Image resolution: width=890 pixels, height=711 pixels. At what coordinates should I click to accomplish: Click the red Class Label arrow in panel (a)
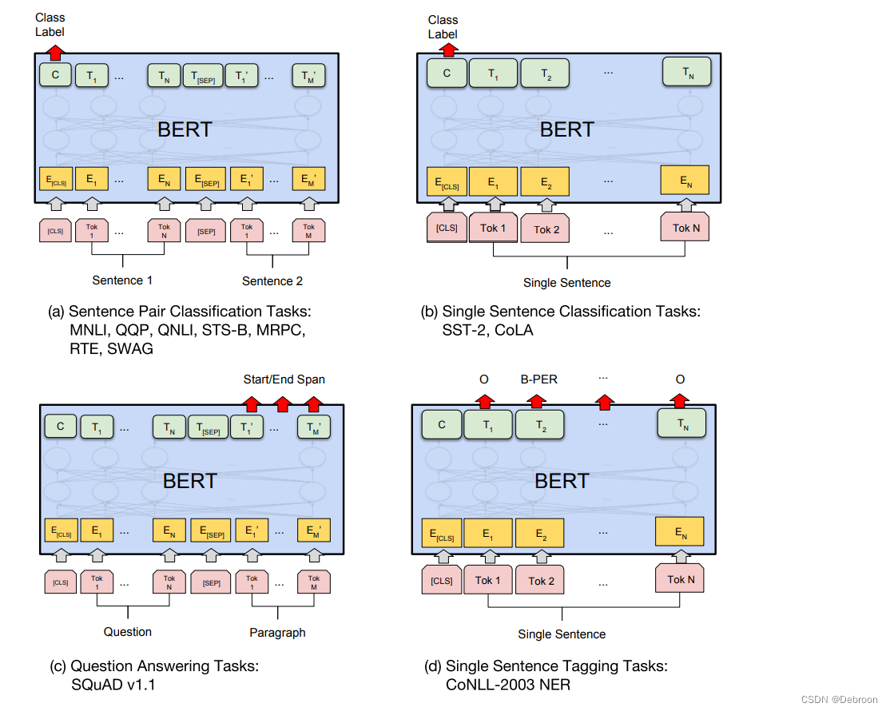pos(55,54)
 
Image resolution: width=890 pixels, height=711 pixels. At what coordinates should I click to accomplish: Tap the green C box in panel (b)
pos(447,73)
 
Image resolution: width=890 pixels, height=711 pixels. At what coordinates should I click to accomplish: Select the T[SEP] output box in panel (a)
pos(202,76)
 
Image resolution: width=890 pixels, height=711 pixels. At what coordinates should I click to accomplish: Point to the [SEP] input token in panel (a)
pos(205,231)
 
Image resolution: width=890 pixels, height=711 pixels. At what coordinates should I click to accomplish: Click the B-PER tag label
pos(538,379)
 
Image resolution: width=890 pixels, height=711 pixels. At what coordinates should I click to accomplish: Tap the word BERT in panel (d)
pos(562,481)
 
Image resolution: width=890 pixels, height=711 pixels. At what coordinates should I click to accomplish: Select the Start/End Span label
pos(284,379)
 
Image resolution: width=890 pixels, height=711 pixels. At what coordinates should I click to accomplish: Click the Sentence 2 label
pos(272,281)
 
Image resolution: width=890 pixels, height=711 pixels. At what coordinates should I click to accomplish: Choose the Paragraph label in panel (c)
pos(276,632)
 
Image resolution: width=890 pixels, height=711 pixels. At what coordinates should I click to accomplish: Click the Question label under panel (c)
pos(127,632)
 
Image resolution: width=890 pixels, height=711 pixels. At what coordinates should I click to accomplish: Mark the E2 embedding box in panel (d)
pos(540,532)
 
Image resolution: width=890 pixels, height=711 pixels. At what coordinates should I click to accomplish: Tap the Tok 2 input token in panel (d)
pos(541,581)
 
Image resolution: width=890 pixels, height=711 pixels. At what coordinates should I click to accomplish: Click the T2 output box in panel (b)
pos(545,73)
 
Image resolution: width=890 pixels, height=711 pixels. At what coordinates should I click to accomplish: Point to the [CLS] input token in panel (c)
pos(60,582)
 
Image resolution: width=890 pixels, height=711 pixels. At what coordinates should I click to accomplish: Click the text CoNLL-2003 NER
pos(508,685)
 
